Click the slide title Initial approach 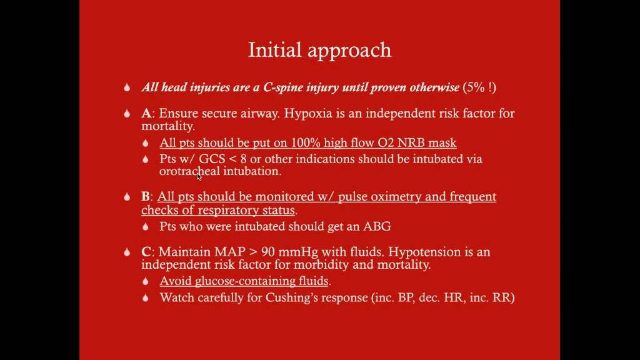click(319, 51)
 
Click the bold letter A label click(146, 113)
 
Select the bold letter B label click(145, 196)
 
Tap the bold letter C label click(146, 252)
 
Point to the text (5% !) click(479, 87)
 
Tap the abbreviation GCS click(212, 159)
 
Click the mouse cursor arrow click(199, 176)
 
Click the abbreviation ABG click(377, 226)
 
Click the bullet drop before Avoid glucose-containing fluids click(146, 281)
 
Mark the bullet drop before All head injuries click(127, 87)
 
